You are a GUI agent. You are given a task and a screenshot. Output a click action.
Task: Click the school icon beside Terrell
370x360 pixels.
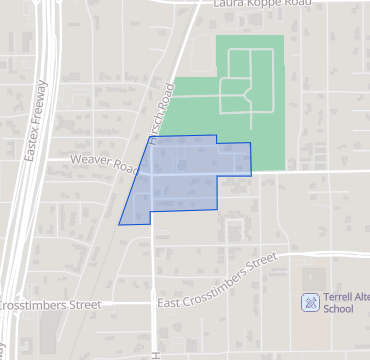310,302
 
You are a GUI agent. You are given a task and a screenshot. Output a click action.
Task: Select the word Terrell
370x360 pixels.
339,297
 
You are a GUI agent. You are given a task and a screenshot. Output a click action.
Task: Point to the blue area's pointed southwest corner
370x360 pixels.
120,224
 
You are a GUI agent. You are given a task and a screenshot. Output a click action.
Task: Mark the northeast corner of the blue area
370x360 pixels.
250,144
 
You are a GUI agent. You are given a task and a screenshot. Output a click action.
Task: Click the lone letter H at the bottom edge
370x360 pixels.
156,354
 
